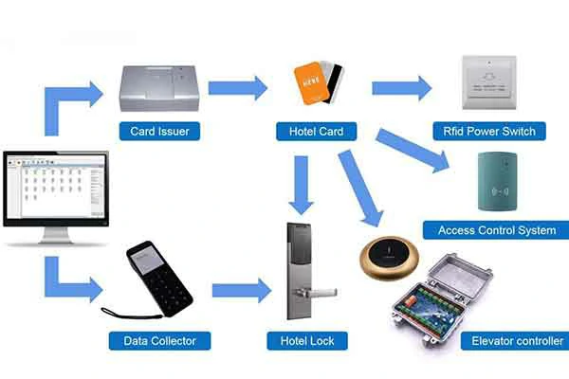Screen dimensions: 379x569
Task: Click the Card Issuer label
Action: pyautogui.click(x=159, y=131)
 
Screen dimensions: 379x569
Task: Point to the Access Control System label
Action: pyautogui.click(x=496, y=230)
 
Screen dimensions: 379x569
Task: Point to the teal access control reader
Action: pyautogui.click(x=499, y=180)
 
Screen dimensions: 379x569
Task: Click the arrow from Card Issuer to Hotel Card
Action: pyautogui.click(x=238, y=88)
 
